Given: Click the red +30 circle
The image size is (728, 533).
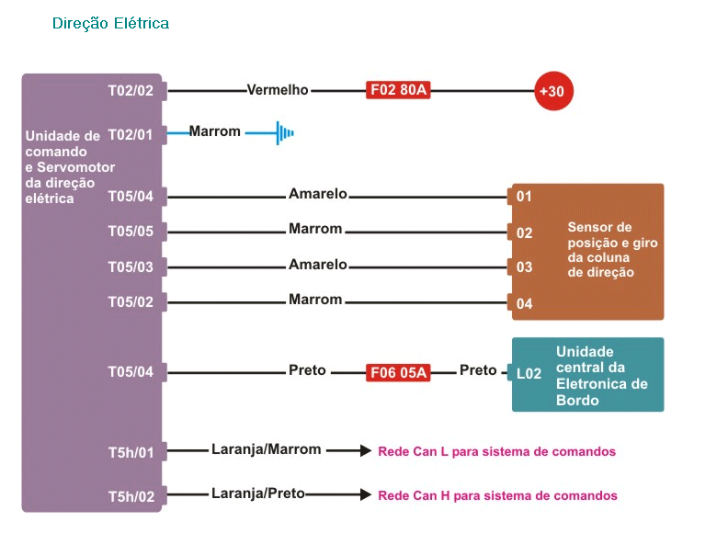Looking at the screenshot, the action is (x=554, y=91).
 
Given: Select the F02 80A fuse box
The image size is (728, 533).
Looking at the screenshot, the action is (x=398, y=90).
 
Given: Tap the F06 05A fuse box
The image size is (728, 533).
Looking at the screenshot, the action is (x=398, y=372).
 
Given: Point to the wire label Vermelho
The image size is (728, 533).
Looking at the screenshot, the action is (x=278, y=90).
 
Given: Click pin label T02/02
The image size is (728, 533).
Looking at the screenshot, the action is (x=131, y=90).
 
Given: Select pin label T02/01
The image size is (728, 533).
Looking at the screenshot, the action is (x=131, y=135).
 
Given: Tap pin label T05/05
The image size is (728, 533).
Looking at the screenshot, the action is (x=131, y=232).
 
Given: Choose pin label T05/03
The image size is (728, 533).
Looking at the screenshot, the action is (x=131, y=267).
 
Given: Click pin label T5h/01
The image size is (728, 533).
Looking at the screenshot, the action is (x=131, y=452).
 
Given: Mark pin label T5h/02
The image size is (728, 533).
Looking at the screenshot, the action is (x=131, y=497).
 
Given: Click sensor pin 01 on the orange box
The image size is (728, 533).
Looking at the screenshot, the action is (x=524, y=197).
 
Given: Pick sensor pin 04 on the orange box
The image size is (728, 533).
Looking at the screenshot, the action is (x=524, y=303).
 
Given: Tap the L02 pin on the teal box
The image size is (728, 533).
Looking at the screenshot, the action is (x=529, y=373).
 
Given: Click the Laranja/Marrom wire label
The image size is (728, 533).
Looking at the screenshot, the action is (x=266, y=449).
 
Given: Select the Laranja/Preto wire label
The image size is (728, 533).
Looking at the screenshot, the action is (x=258, y=493).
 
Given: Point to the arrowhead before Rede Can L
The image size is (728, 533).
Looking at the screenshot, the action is (x=366, y=450).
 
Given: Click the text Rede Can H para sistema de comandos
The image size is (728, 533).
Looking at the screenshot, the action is (x=497, y=496).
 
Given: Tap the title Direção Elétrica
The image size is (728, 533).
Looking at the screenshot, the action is (x=110, y=23).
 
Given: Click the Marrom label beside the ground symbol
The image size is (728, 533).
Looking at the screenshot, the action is (x=214, y=131).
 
